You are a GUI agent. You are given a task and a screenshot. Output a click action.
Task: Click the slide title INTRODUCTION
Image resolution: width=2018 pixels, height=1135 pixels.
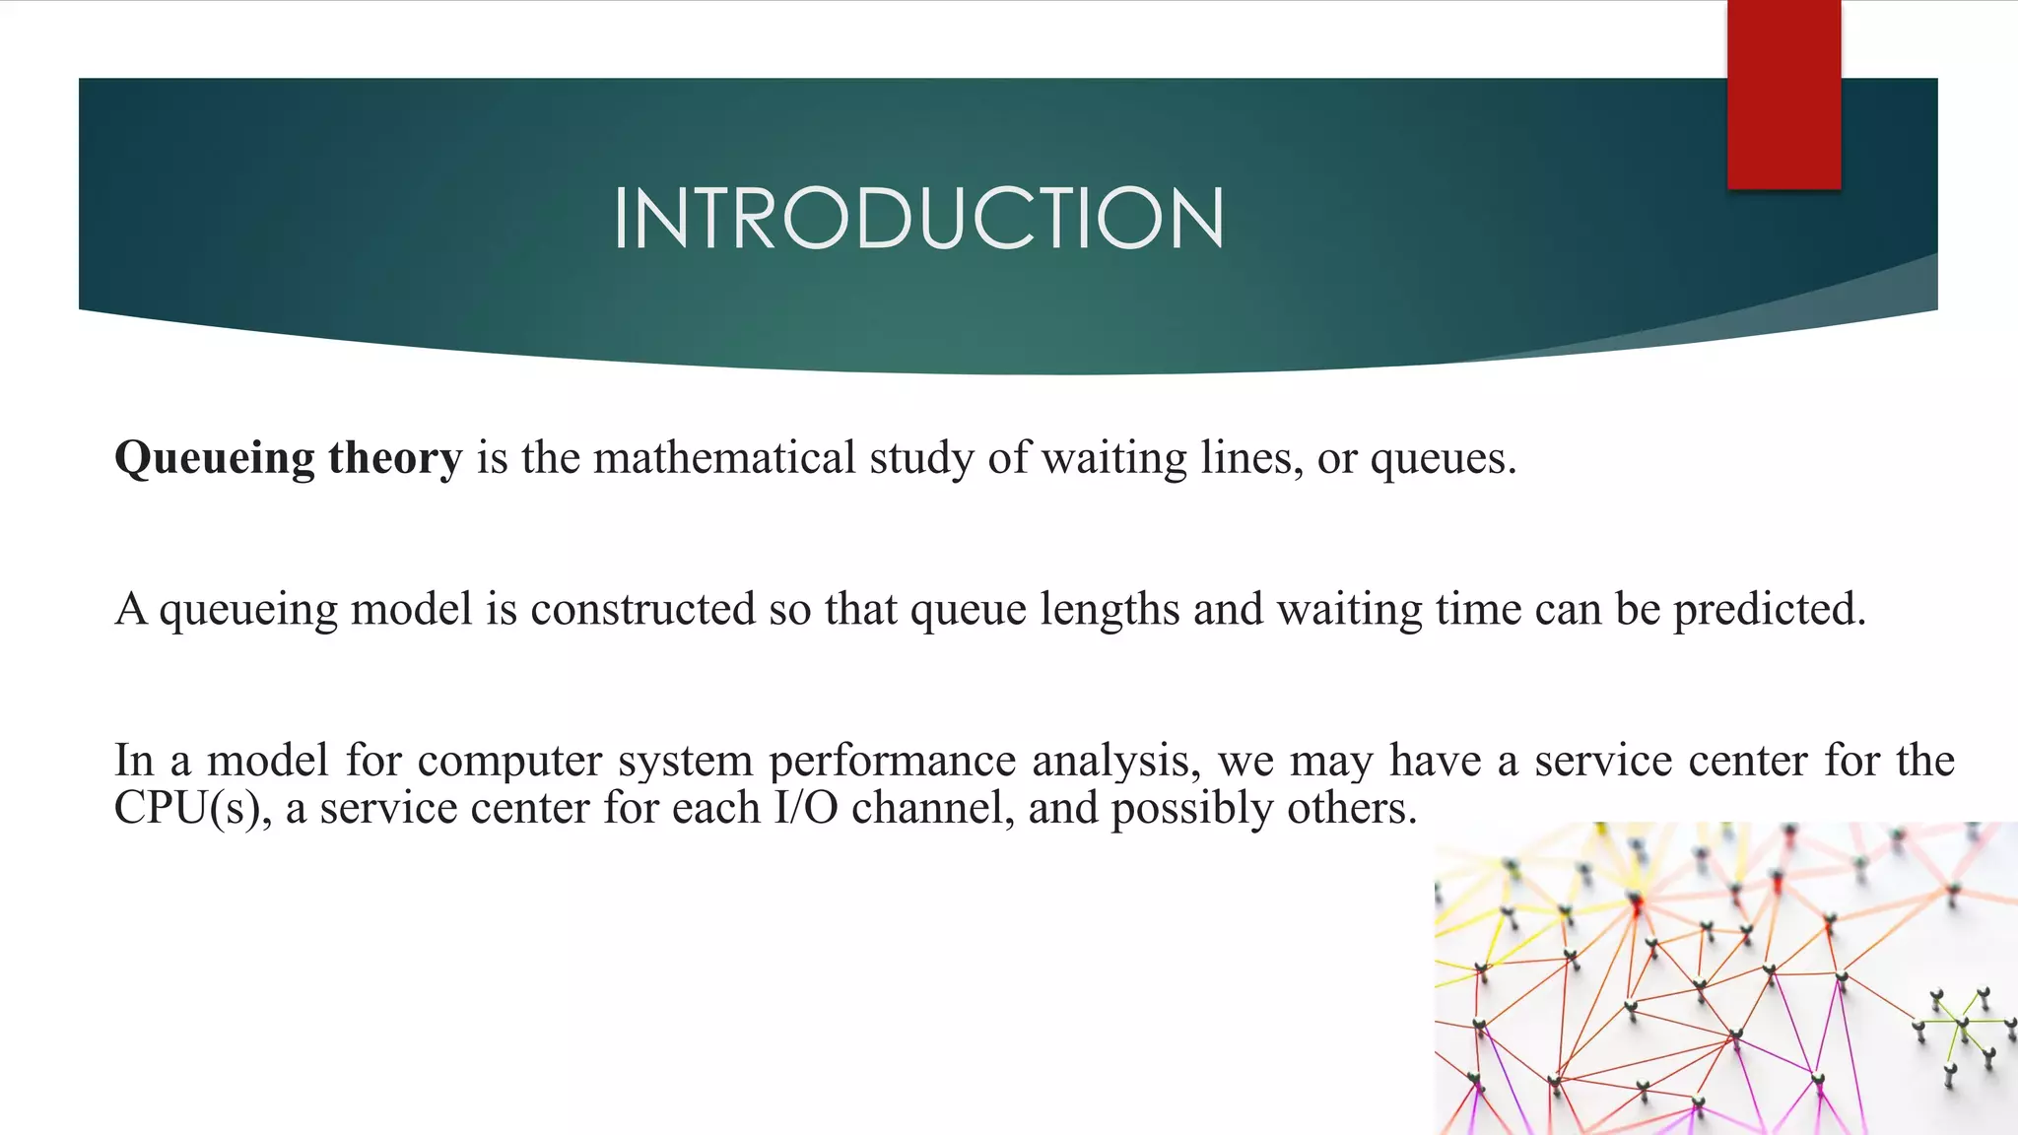(x=918, y=218)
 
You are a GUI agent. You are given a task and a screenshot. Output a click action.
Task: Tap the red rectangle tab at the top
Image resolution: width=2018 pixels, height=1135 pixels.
(x=1783, y=95)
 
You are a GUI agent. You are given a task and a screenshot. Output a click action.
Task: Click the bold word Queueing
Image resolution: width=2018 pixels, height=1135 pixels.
(x=215, y=459)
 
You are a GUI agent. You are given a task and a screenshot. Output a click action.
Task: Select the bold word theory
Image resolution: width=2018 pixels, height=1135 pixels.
(x=395, y=458)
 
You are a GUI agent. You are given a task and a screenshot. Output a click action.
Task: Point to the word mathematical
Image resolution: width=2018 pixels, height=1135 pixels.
(x=724, y=458)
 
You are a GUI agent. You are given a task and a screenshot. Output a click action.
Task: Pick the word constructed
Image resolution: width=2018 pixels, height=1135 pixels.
(x=643, y=609)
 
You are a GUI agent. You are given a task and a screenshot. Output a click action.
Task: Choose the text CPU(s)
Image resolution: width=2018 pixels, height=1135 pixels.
(x=192, y=809)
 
